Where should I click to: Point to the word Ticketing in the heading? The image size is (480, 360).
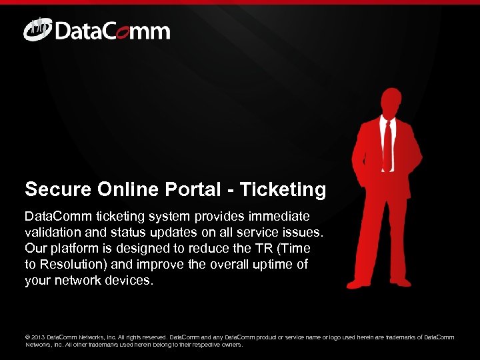[283, 190]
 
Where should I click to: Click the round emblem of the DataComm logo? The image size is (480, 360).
[36, 30]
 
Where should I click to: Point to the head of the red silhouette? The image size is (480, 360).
[390, 100]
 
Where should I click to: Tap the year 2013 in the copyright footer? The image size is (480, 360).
[39, 337]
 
